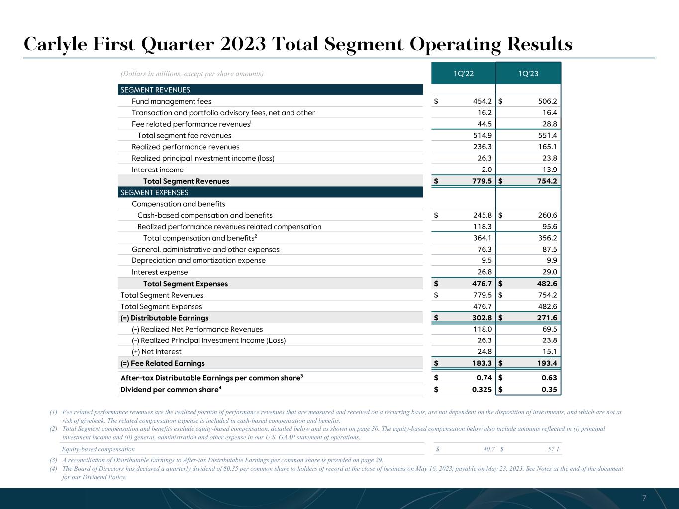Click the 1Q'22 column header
pyautogui.click(x=463, y=74)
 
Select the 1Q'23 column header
pyautogui.click(x=528, y=74)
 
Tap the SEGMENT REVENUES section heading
pyautogui.click(x=155, y=90)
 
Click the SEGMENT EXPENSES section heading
pyautogui.click(x=154, y=192)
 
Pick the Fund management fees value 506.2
pyautogui.click(x=547, y=101)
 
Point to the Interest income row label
pyautogui.click(x=158, y=170)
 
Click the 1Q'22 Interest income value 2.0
pyautogui.click(x=486, y=170)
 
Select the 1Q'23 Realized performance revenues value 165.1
pyautogui.click(x=547, y=147)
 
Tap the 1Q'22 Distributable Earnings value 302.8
pyautogui.click(x=482, y=318)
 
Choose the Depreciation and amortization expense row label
pyautogui.click(x=198, y=260)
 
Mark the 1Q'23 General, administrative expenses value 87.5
pyautogui.click(x=549, y=249)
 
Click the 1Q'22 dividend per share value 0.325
pyautogui.click(x=482, y=389)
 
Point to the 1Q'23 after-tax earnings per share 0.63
pyautogui.click(x=549, y=378)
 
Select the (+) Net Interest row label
pyautogui.click(x=156, y=352)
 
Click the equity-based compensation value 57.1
pyautogui.click(x=553, y=449)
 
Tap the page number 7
pyautogui.click(x=644, y=498)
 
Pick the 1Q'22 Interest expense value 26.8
pyautogui.click(x=484, y=272)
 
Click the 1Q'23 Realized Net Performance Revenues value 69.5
pyautogui.click(x=549, y=329)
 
